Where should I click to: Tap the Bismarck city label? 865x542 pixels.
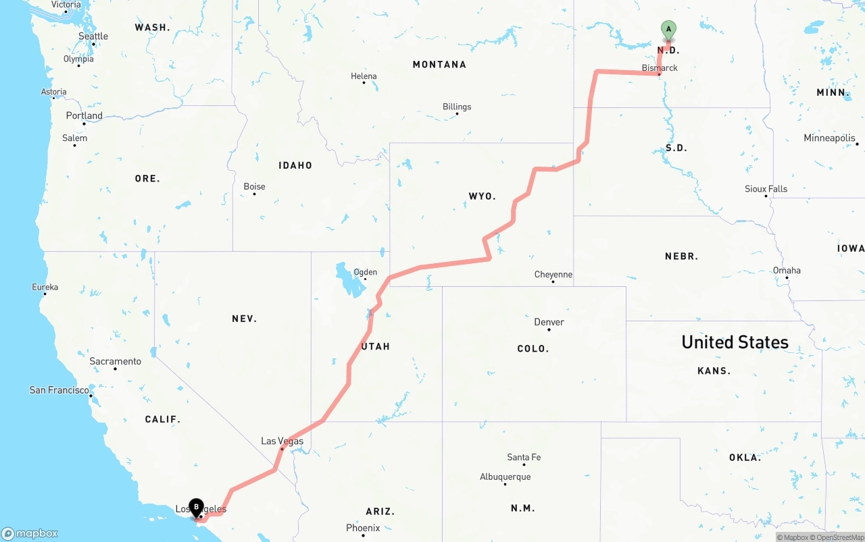point(660,67)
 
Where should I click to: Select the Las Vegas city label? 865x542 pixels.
point(282,441)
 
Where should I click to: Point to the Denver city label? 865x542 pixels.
point(549,322)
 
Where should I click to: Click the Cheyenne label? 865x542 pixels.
point(553,274)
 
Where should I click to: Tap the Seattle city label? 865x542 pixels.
point(93,36)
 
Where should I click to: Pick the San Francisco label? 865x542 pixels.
point(59,389)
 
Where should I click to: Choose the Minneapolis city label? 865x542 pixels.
point(829,138)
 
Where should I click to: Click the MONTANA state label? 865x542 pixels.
point(439,64)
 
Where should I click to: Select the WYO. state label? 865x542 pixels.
point(483,196)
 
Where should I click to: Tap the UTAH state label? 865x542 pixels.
point(376,346)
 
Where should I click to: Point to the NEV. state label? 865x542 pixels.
point(244,319)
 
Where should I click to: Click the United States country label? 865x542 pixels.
point(735,342)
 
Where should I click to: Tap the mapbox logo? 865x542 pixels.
point(30,533)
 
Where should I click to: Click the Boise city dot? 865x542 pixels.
point(254,194)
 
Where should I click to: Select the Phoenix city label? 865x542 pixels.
point(363,528)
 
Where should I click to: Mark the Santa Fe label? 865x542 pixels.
point(524,457)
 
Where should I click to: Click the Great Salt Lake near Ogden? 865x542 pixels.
point(350,281)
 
